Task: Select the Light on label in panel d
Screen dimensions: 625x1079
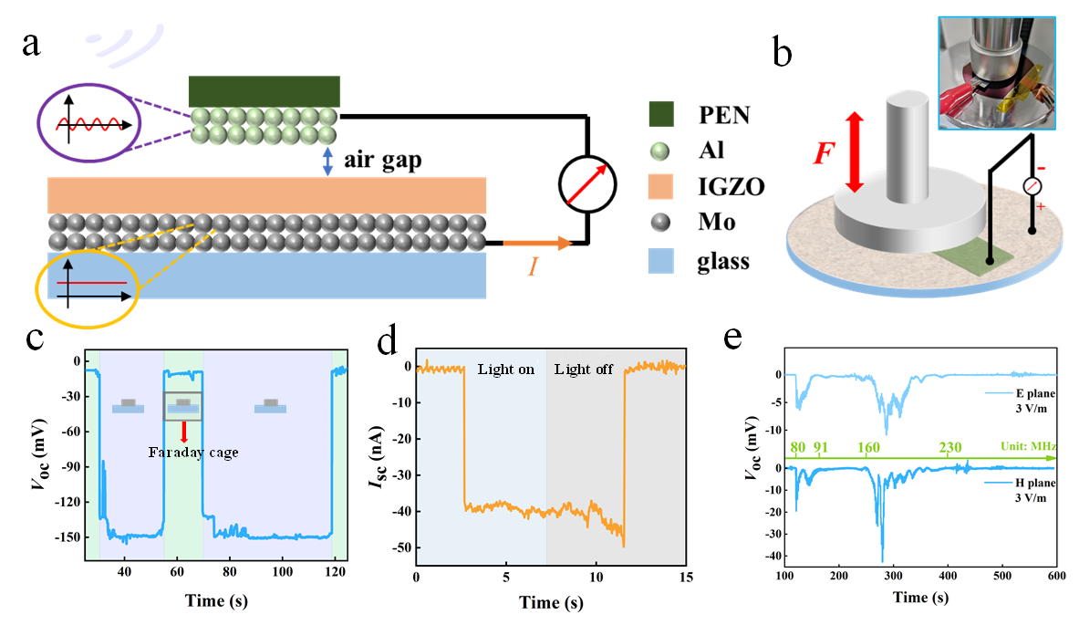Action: [x=505, y=370]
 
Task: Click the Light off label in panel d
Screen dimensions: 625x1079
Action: [x=584, y=370]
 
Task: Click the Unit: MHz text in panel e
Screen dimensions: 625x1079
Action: [x=1025, y=447]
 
